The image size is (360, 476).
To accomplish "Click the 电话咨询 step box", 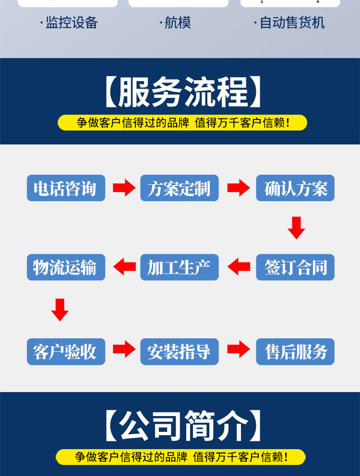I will pos(66,188).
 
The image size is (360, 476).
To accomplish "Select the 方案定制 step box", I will pos(179,188).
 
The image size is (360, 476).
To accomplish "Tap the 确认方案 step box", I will pos(295,188).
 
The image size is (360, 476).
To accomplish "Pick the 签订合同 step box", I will pos(295,267).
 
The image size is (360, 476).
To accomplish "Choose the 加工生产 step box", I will pos(179,267).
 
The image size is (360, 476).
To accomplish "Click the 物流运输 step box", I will pos(66,267).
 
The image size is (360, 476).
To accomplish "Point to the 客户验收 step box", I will pos(66,352).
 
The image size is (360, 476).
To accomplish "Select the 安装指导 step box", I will pos(179,352).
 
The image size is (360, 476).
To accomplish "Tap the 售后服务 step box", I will pos(295,352).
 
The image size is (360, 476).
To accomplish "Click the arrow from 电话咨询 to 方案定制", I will pos(124,188).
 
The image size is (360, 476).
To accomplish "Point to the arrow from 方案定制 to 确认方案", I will pos(238,188).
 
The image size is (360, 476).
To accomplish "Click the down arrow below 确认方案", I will pos(296,227).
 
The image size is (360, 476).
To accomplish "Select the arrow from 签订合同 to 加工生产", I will pos(239,267).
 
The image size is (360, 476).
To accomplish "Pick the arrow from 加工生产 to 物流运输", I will pos(124,267).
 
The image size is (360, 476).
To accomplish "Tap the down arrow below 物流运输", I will pos(60,309).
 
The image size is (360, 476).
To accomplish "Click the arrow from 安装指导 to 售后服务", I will pos(238,350).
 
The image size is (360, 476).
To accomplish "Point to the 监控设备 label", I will pos(71,23).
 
